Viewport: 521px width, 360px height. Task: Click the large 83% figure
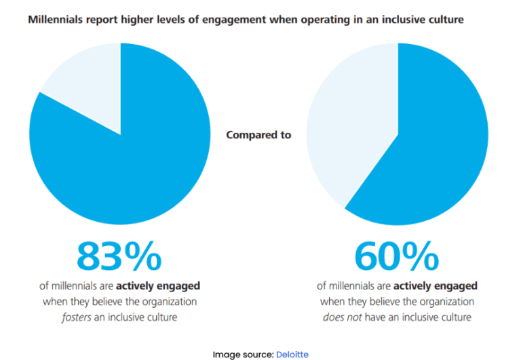[x=119, y=256]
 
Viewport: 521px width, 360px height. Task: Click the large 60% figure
[x=396, y=256]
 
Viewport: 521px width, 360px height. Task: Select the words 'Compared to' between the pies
[x=258, y=135]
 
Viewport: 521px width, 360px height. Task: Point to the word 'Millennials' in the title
[x=56, y=20]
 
